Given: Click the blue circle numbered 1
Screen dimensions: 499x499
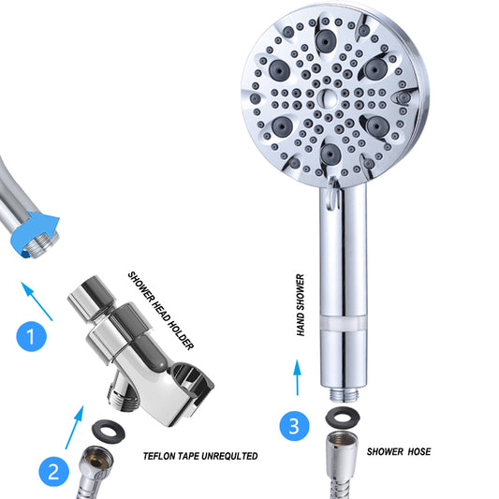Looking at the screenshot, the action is (x=32, y=336).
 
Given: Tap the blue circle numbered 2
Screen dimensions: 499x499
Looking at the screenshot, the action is (x=53, y=471).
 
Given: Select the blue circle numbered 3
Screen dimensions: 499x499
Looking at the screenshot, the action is (x=294, y=426).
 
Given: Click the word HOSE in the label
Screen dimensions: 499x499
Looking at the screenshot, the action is (x=419, y=451).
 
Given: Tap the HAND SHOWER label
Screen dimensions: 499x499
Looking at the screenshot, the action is (x=301, y=305).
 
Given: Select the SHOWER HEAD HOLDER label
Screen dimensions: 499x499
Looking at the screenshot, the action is (x=160, y=310).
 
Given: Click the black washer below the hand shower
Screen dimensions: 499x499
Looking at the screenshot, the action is (x=343, y=417).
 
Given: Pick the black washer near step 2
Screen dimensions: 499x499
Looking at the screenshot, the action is (x=109, y=432).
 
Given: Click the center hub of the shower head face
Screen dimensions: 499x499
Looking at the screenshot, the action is (x=328, y=98).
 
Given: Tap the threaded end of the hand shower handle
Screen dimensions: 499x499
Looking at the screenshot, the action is (x=344, y=395).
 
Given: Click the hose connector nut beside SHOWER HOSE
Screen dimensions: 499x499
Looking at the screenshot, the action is (x=342, y=452).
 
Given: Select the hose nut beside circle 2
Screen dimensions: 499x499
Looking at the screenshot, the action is (x=95, y=462).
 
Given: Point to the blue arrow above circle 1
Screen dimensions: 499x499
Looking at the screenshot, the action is (x=37, y=301).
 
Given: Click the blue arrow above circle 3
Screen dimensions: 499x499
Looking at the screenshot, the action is (x=297, y=377).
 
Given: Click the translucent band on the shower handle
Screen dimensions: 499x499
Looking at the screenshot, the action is (x=344, y=324).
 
